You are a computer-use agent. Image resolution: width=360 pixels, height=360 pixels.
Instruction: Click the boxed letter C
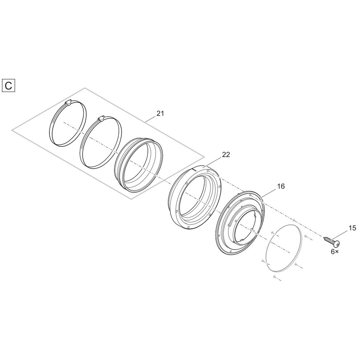coord(8,86)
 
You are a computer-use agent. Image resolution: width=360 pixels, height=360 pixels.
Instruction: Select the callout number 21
coord(160,113)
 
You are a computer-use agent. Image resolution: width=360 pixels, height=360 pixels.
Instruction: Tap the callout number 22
coord(226,155)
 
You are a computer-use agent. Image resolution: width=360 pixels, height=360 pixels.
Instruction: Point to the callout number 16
coord(280,186)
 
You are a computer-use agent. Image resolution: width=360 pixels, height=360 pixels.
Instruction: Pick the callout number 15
coord(352,228)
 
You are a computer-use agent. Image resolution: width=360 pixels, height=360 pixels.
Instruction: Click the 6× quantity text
coord(335,252)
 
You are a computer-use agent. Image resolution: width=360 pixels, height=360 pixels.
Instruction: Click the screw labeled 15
coord(332,241)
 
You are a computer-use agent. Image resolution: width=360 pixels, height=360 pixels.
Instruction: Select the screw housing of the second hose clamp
coord(101,118)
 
